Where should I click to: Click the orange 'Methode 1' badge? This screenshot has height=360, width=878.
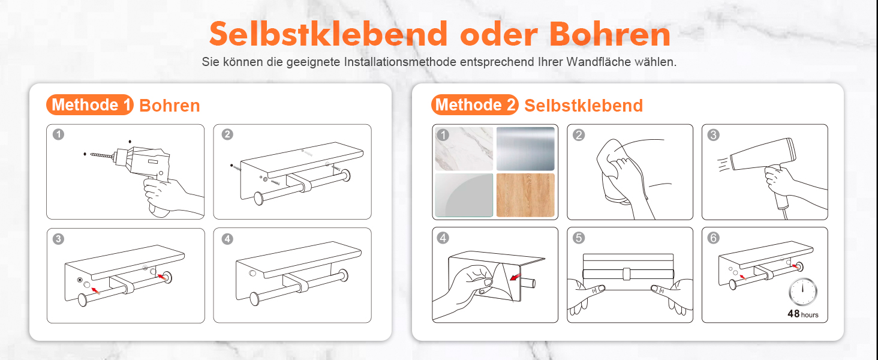(x=90, y=105)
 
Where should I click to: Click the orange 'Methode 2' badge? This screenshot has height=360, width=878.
(x=474, y=105)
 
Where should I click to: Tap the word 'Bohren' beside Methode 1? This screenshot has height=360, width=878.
(x=170, y=106)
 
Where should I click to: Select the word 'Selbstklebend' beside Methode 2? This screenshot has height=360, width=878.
(x=584, y=106)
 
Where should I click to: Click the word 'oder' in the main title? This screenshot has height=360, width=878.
(x=499, y=34)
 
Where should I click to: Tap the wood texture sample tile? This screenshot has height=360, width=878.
(x=525, y=195)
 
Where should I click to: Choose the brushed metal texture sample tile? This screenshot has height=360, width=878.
(x=525, y=149)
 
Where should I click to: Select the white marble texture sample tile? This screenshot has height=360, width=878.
(x=464, y=149)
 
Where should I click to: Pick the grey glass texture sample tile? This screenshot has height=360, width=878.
(x=464, y=195)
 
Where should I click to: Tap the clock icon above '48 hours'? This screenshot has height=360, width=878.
(x=803, y=292)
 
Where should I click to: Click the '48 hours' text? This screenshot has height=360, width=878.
(x=803, y=314)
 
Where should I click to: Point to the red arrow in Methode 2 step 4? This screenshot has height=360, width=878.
(x=515, y=277)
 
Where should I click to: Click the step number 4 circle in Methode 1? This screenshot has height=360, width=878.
(x=227, y=239)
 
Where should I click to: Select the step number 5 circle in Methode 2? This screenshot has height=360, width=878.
(x=579, y=238)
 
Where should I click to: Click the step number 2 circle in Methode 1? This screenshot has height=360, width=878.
(x=227, y=134)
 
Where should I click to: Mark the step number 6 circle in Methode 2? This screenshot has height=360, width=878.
(x=714, y=238)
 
